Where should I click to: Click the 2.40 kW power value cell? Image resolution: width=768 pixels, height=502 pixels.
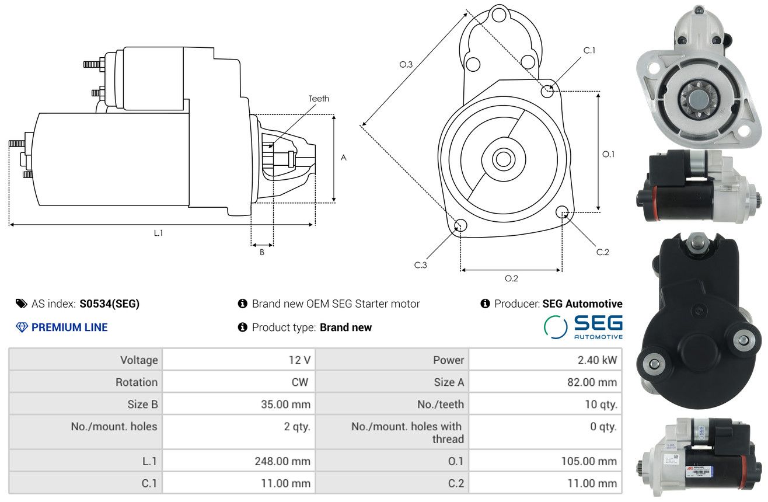tap(597, 360)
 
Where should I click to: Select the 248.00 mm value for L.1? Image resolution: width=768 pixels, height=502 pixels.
tap(282, 461)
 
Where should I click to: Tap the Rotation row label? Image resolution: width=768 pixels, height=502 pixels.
tap(137, 382)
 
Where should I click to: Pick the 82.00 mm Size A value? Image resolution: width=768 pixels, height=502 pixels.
tap(592, 382)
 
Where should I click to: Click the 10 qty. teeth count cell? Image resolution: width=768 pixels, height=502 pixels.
tap(601, 405)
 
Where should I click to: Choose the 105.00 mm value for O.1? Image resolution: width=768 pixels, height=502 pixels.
tap(589, 461)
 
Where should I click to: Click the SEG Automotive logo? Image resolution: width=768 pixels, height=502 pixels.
tap(583, 327)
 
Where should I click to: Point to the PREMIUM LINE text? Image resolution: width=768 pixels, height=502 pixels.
tap(69, 327)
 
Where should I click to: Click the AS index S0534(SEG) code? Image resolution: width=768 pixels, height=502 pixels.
tap(109, 304)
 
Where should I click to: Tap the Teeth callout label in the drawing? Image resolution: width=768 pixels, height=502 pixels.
tap(319, 99)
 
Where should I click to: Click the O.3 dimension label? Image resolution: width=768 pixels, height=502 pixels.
tap(406, 64)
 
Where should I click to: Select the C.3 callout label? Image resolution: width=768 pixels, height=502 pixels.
tap(420, 265)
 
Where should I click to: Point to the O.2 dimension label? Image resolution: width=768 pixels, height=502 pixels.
tap(511, 278)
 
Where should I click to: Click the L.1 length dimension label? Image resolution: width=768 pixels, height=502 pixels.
tap(158, 233)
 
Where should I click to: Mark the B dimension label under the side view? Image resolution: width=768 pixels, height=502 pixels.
tap(262, 252)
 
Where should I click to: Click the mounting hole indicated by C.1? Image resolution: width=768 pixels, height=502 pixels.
tap(547, 91)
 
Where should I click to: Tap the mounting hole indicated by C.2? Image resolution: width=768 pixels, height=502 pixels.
tap(562, 212)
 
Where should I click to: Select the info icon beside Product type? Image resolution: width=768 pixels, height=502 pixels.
tap(242, 327)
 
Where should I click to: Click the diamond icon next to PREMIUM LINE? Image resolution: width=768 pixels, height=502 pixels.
tap(22, 327)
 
